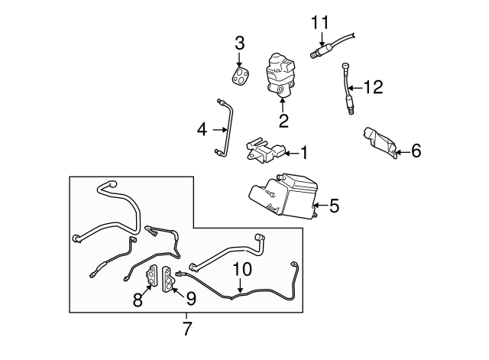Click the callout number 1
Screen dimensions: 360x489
pos(303,154)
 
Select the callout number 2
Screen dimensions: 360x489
pos(283,121)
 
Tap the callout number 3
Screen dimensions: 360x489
pos(239,41)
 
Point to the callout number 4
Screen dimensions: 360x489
pos(202,129)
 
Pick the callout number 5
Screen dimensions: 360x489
pos(333,205)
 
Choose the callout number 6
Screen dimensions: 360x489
pos(416,151)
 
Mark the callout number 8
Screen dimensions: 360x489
pos(138,300)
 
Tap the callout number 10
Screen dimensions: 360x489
pos(241,269)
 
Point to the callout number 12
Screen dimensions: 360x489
pos(373,88)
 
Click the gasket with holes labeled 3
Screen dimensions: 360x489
pos(242,76)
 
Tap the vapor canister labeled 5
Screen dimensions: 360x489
pos(283,195)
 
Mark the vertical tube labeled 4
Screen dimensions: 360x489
pos(226,127)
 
